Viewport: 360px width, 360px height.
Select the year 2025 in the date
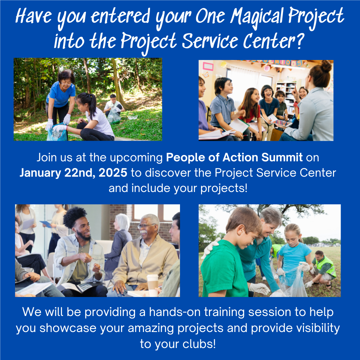click(x=113, y=173)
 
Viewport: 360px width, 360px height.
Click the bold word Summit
click(x=282, y=157)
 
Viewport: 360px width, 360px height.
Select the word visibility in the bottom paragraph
click(x=318, y=328)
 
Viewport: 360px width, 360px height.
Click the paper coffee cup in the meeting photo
click(x=153, y=285)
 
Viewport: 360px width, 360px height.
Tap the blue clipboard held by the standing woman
click(x=46, y=224)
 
